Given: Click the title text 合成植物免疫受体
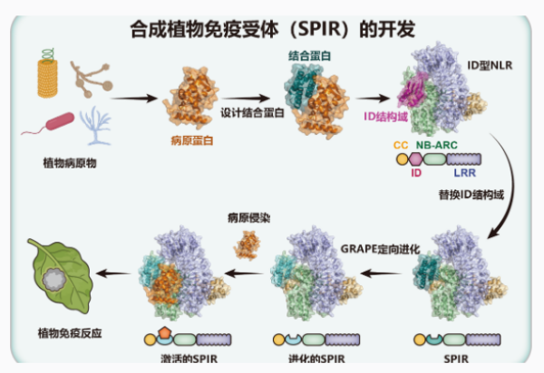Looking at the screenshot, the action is (x=204, y=29).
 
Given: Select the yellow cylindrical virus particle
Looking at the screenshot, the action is (x=47, y=78).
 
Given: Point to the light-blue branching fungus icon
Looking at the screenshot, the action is (x=95, y=126).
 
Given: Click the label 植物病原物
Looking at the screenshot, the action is (x=70, y=163).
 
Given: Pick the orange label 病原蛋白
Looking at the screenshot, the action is (x=192, y=140).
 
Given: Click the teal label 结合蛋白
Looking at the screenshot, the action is (x=309, y=56).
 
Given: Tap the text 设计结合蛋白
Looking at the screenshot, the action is (x=253, y=112).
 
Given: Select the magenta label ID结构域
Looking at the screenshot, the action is (x=386, y=117).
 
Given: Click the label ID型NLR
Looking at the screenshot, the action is (x=490, y=65).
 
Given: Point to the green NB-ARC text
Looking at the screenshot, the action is (x=437, y=145).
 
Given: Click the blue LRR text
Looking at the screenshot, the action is (x=465, y=173).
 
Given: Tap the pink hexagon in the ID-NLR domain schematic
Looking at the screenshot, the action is (x=415, y=159).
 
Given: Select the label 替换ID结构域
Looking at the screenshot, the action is (x=471, y=195).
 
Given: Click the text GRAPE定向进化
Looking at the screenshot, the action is (x=380, y=249).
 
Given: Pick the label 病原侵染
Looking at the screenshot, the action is (x=248, y=218).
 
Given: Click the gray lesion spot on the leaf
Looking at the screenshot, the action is (x=54, y=280).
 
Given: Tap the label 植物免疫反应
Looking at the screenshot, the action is (x=70, y=333).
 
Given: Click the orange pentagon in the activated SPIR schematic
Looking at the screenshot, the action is (x=164, y=333).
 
